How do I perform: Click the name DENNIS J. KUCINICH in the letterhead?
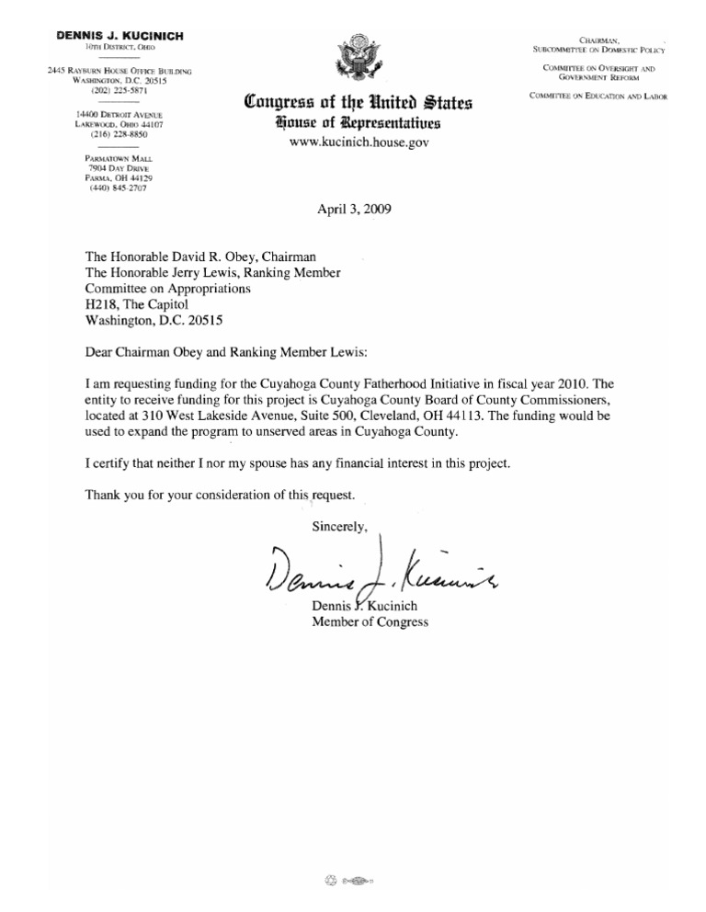tap(120, 35)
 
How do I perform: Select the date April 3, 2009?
tap(354, 209)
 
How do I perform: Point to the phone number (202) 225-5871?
tap(120, 92)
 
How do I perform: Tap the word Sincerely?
tap(339, 527)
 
